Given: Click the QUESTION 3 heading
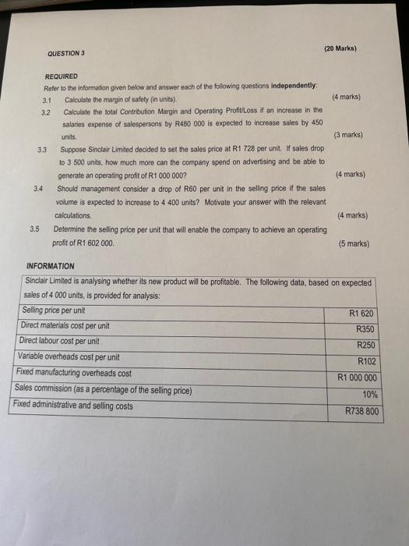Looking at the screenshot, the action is (65, 53).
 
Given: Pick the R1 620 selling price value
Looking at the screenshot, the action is (362, 314).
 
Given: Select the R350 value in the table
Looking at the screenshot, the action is (365, 329).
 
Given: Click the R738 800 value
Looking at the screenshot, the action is (361, 410).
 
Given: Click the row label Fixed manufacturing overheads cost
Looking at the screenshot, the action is (73, 373).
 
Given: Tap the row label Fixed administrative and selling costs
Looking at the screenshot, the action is (73, 405).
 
